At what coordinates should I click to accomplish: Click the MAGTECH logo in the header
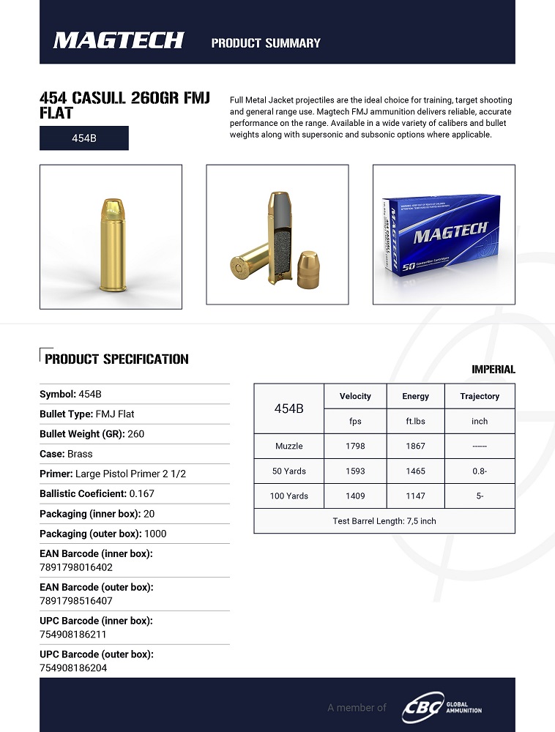(x=118, y=41)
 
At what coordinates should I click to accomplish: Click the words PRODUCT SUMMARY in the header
(x=266, y=43)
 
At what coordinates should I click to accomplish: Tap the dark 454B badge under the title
(x=84, y=138)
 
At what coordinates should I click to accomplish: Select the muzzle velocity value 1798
(x=355, y=446)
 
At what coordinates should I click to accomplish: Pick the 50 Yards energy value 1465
(x=415, y=471)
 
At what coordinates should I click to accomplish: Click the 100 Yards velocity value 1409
(x=355, y=496)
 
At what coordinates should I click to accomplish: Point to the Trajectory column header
(x=480, y=396)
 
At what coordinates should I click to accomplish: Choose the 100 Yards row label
(x=289, y=496)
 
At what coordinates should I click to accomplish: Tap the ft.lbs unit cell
(x=415, y=421)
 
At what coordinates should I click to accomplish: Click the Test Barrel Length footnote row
(x=384, y=520)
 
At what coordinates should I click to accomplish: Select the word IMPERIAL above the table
(x=493, y=370)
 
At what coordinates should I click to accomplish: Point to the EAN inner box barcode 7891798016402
(x=76, y=567)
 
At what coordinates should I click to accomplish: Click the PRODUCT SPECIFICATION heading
(x=116, y=359)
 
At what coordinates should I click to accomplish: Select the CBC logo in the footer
(x=422, y=708)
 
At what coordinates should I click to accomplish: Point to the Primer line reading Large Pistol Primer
(x=113, y=474)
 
